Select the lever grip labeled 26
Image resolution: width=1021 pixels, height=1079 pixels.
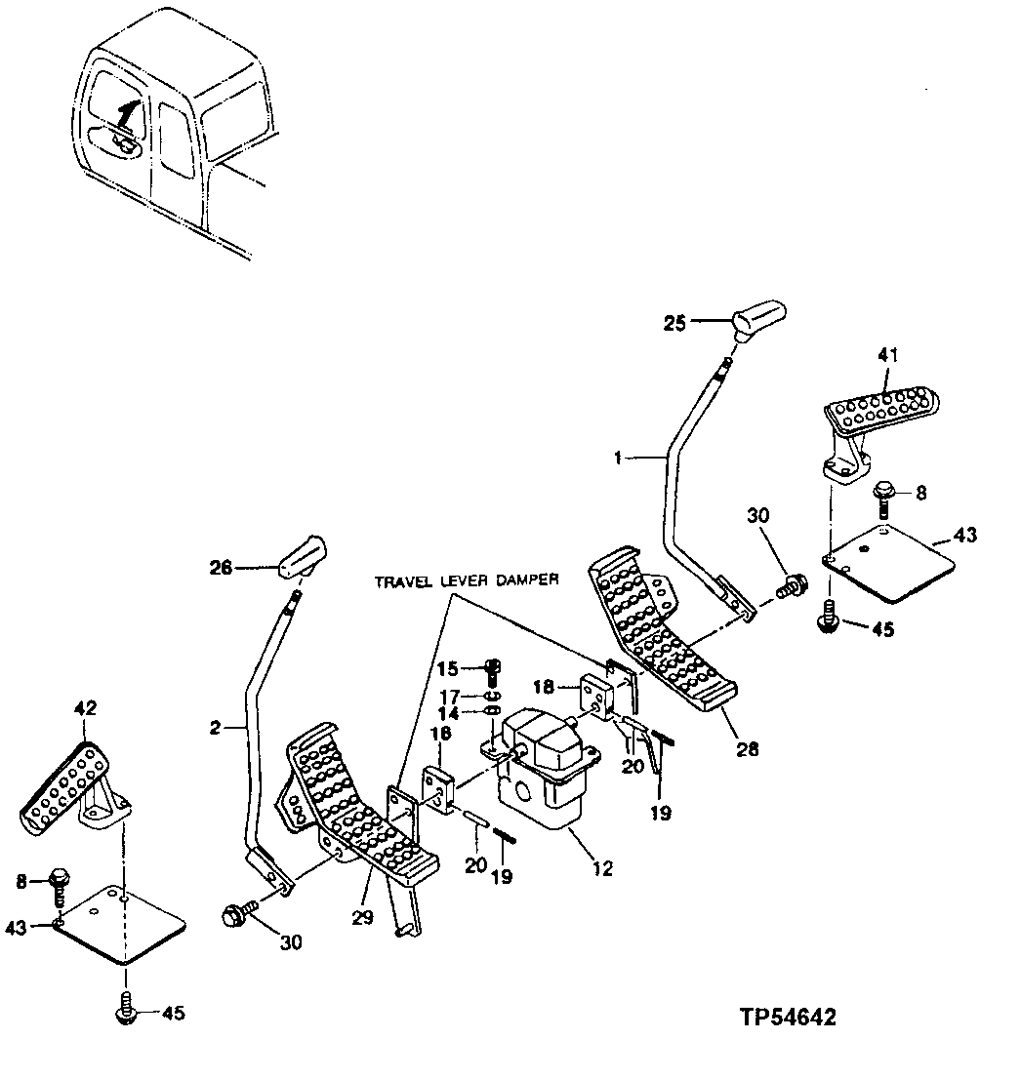point(301,560)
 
